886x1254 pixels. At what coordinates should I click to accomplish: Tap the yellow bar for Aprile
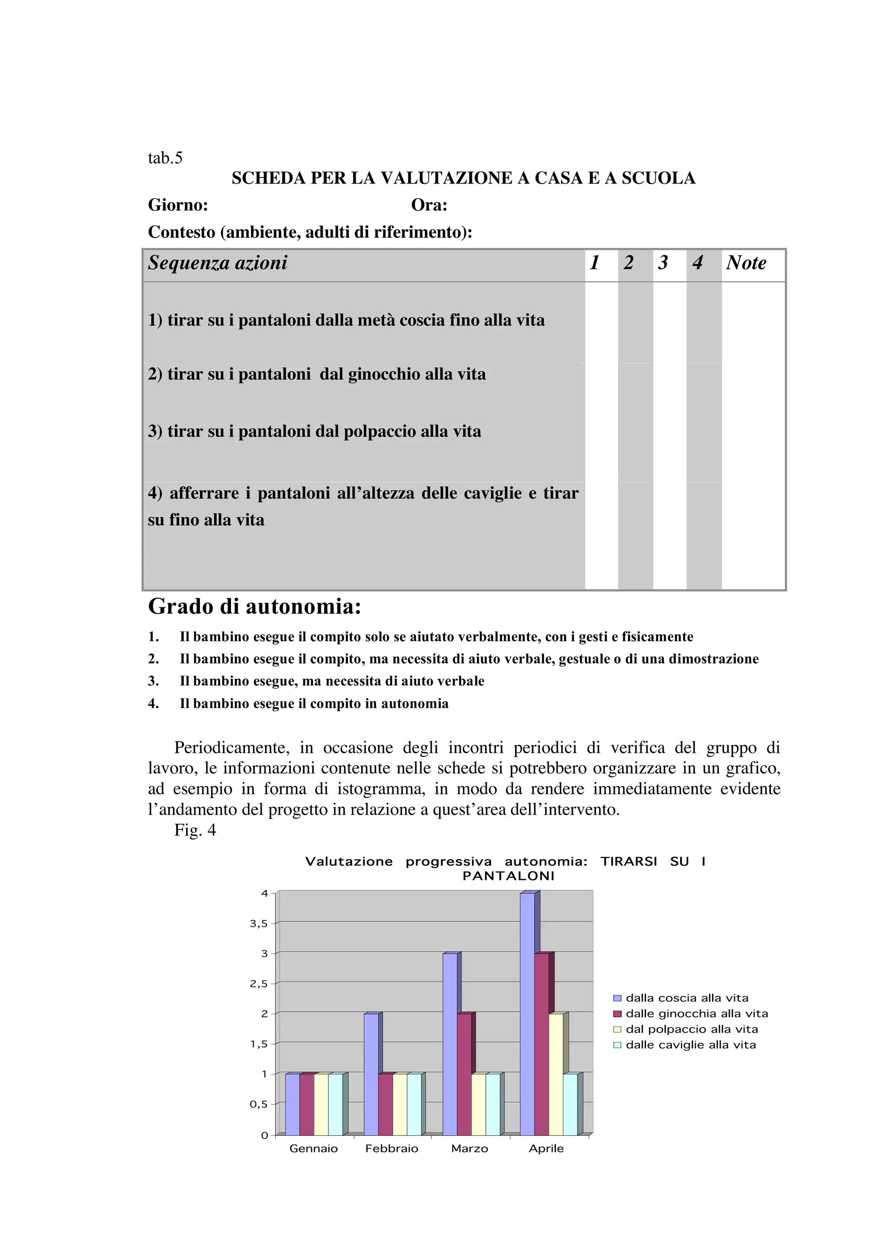[556, 1075]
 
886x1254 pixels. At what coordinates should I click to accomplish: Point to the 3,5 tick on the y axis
[259, 924]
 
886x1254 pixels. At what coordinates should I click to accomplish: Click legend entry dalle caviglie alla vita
[690, 1045]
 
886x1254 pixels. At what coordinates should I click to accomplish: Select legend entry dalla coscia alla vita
[687, 998]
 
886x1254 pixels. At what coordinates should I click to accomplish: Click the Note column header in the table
[746, 263]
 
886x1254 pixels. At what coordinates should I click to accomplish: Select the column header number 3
[663, 263]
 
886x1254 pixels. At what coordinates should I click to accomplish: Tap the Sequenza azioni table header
[217, 263]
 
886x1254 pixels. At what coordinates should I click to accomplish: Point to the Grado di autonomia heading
[254, 606]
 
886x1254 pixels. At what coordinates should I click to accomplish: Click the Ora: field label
[429, 205]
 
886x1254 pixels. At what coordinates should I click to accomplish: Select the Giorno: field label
[178, 205]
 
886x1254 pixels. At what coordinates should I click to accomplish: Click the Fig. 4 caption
[195, 830]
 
